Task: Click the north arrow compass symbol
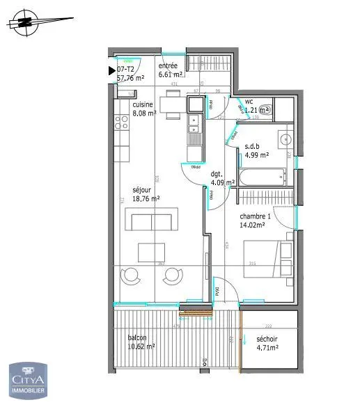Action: point(26,23)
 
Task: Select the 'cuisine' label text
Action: point(143,105)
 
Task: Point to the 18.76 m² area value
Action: point(147,197)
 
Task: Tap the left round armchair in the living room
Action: point(130,276)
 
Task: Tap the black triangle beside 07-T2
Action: point(111,70)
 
